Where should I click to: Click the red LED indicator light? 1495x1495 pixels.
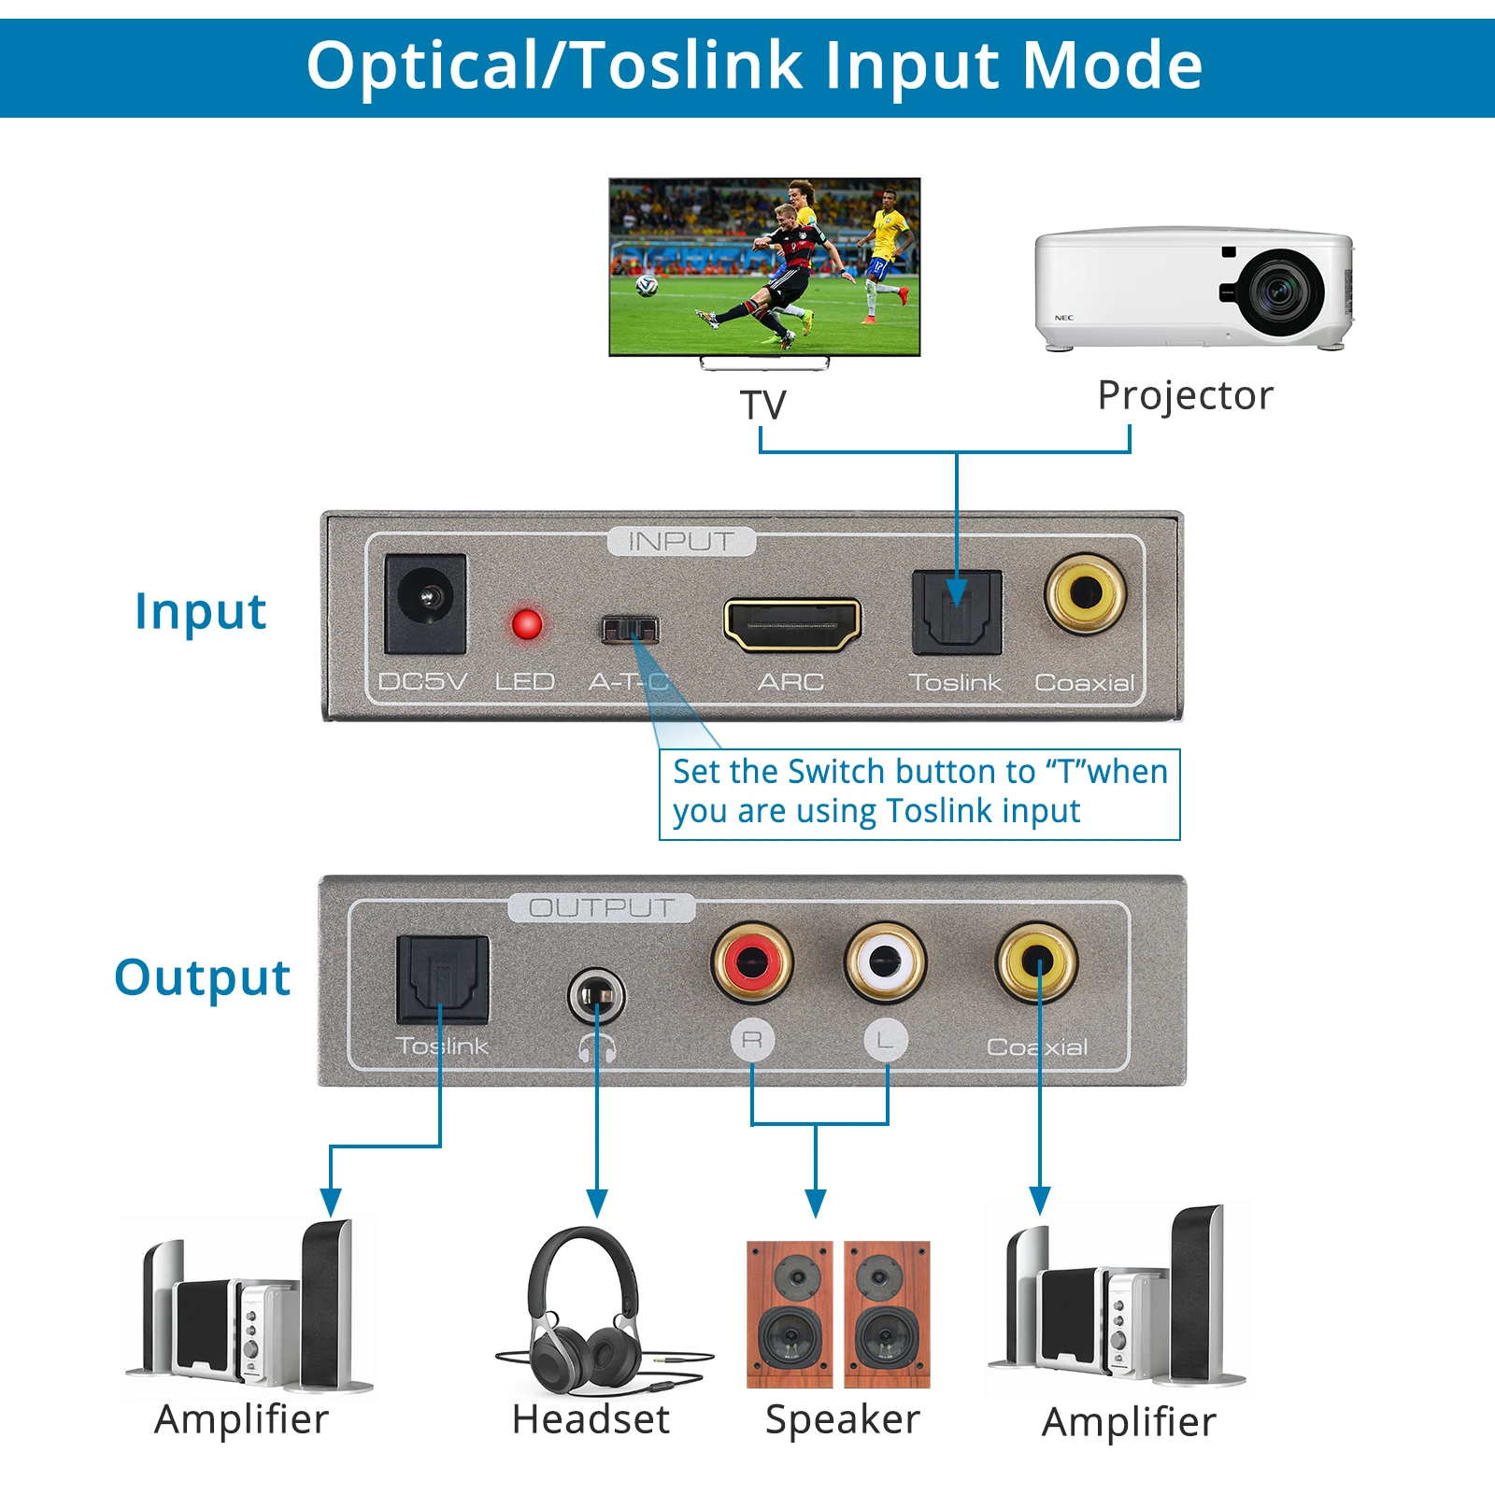(526, 624)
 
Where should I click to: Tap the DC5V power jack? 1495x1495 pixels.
(426, 603)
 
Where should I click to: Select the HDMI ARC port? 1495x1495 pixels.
(792, 624)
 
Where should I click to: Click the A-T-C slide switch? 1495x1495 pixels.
(629, 629)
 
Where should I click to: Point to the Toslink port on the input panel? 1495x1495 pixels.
(957, 612)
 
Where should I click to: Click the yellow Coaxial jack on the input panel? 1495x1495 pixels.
(1086, 592)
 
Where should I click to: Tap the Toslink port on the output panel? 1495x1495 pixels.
(443, 979)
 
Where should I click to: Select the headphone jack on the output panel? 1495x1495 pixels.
(596, 996)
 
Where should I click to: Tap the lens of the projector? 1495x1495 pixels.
(1279, 292)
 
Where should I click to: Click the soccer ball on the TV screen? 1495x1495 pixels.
(646, 285)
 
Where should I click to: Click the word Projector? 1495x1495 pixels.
(1185, 395)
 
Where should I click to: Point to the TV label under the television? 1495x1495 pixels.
(762, 406)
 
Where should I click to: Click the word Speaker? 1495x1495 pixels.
(842, 1419)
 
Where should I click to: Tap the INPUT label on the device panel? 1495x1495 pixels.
(680, 541)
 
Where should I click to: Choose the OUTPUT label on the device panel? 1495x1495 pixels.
(601, 907)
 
